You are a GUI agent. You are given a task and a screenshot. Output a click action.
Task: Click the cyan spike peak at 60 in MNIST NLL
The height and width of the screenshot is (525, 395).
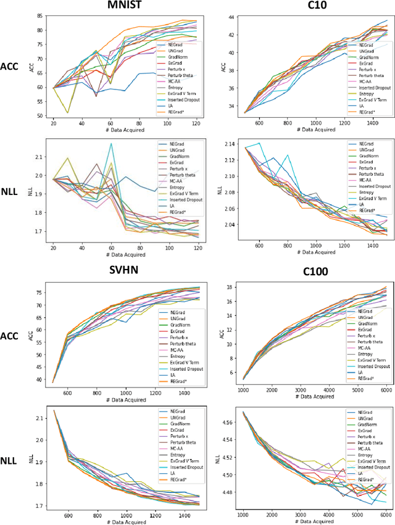click(111, 144)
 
